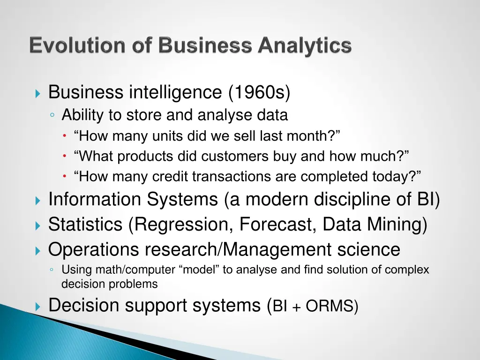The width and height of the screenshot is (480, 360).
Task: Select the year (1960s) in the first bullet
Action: coord(260,92)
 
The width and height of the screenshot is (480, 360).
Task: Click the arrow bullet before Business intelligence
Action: coord(38,93)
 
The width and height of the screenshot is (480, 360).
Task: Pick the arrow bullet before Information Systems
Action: coord(38,201)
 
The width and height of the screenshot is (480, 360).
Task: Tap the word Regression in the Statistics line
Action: coord(181,225)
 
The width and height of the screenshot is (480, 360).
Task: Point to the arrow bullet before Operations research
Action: coord(38,251)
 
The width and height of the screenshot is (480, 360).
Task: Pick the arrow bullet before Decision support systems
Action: coord(38,307)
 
